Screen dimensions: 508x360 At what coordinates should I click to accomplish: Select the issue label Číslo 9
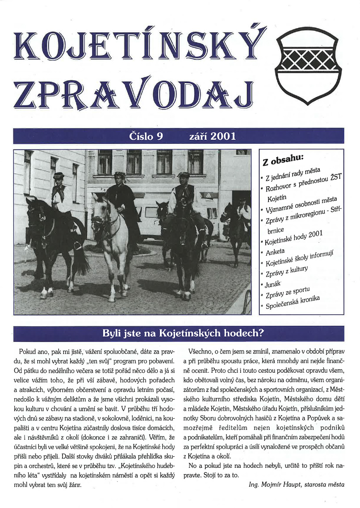pos(145,136)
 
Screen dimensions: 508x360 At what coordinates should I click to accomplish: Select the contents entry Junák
pos(273,284)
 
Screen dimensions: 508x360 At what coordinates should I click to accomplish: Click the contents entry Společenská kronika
pos(293,303)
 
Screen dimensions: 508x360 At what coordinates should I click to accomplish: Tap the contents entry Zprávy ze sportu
pos(288,293)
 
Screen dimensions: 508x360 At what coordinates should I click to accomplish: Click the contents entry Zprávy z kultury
pos(287,273)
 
